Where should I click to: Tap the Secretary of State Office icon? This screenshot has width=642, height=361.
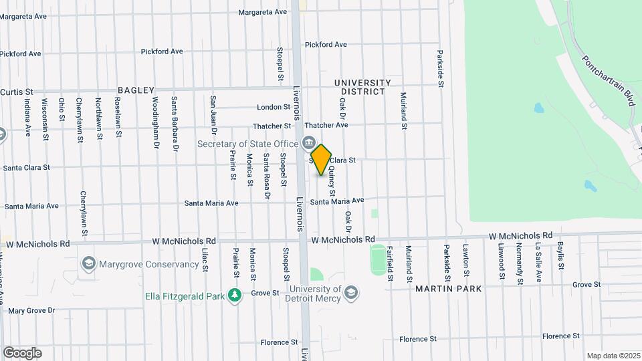point(309,142)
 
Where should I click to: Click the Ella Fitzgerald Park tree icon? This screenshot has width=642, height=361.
point(234,295)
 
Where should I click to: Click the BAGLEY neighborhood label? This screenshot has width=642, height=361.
point(136,90)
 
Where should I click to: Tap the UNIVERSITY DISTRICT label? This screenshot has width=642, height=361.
point(360,87)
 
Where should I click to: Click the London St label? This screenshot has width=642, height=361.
point(274,107)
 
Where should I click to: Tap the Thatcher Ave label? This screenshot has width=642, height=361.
point(326,125)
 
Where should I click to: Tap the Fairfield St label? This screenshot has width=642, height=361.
point(389,264)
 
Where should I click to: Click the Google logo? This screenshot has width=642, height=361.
point(22,352)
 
